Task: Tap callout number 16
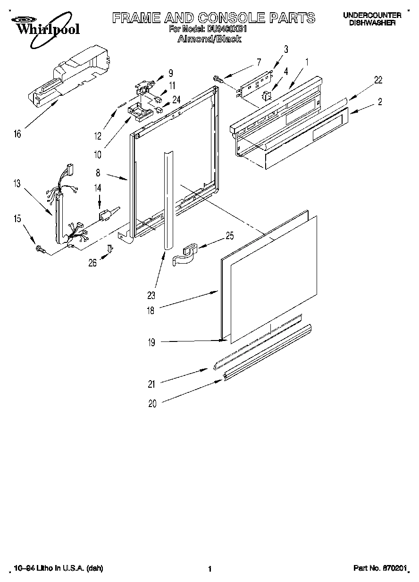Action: (17, 134)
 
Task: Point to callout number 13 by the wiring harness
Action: (17, 184)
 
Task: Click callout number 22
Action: (378, 80)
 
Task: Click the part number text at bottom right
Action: (380, 569)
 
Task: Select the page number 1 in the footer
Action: (209, 569)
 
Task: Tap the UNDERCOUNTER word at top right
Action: (372, 15)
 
